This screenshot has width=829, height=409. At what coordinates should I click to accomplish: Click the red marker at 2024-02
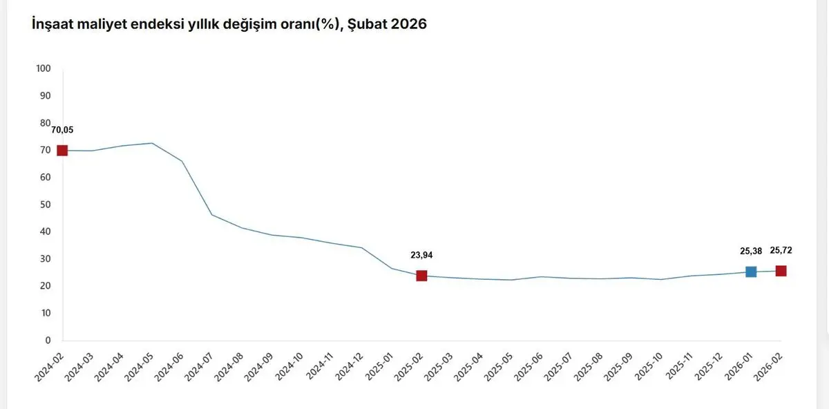point(62,151)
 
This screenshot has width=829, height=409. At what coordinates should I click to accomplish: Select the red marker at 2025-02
point(421,276)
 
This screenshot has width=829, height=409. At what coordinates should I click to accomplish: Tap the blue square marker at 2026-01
point(751,272)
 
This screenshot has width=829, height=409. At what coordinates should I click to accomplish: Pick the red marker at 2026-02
point(781,271)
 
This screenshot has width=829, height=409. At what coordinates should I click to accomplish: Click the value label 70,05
point(62,130)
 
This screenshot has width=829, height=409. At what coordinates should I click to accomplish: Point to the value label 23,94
point(421,255)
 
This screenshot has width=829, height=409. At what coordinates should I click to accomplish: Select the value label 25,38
point(751,251)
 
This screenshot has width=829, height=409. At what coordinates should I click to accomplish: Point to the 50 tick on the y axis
point(46,204)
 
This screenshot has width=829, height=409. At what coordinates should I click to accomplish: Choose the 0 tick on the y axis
point(48,341)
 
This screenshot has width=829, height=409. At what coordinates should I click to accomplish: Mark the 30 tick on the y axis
point(46,259)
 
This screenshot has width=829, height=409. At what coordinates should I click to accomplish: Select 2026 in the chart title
point(409,24)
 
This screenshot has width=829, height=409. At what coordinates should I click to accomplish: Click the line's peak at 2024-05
point(152,143)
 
